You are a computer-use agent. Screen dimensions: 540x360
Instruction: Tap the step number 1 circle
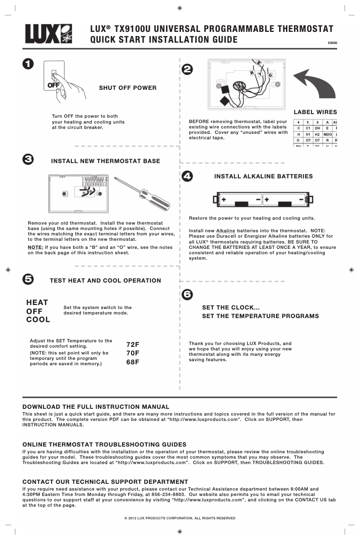[x=28, y=64]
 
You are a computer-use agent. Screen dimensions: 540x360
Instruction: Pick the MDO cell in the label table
[x=327, y=134]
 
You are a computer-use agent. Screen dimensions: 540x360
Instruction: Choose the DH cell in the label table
[x=317, y=128]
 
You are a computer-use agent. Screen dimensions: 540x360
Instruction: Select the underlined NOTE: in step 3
[x=35, y=247]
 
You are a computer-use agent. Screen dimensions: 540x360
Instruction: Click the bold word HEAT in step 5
[x=37, y=302]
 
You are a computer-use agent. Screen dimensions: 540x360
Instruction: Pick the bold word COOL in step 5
[x=38, y=320]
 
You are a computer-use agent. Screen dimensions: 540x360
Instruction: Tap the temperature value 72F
[x=133, y=344]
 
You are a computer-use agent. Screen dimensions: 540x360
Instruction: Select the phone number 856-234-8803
[x=164, y=494]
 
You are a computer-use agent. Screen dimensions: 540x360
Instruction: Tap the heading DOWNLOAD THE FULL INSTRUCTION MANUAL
[x=96, y=407]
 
